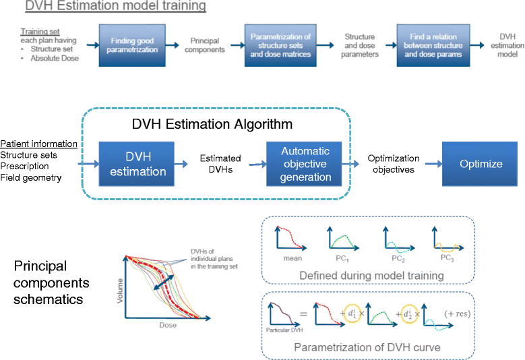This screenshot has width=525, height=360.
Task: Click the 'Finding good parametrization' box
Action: [133, 45]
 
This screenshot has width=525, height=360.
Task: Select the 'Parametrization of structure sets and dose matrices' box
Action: [280, 45]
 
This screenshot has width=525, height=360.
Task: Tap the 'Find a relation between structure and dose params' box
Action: [429, 45]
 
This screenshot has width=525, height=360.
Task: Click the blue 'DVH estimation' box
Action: [137, 164]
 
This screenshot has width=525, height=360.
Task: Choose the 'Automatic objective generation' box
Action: [305, 164]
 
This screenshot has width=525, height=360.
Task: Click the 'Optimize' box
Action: [481, 164]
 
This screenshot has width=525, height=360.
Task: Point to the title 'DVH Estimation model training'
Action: [115, 7]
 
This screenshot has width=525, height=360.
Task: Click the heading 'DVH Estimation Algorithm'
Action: [212, 124]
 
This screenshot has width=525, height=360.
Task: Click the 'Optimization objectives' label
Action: [393, 164]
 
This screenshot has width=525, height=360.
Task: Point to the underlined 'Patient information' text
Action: [38, 144]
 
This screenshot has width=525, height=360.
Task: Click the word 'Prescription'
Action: [24, 166]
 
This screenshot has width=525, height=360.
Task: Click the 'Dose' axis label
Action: [168, 324]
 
